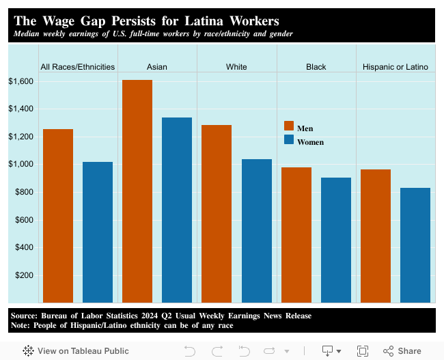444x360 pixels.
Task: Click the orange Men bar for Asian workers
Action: (x=137, y=191)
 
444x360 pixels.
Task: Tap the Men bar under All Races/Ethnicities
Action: (x=58, y=215)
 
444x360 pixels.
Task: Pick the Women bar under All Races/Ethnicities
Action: (x=98, y=232)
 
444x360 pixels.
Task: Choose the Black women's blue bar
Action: (x=336, y=240)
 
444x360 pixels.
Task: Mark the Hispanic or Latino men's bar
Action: (x=376, y=236)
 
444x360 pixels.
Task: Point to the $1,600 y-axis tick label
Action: (x=20, y=81)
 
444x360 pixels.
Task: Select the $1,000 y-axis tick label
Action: (x=20, y=165)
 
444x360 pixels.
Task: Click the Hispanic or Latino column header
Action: (x=396, y=67)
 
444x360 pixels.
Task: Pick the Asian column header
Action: (x=157, y=67)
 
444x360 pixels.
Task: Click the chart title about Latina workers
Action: (x=146, y=21)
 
